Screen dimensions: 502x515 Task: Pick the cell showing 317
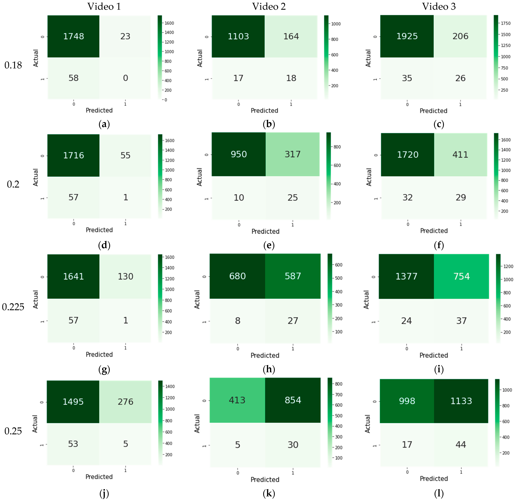pyautogui.click(x=292, y=154)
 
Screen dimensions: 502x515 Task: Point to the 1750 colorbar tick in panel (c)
pyautogui.click(x=506, y=23)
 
